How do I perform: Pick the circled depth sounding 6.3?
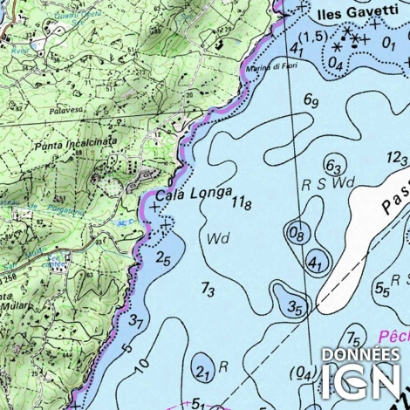click(x=333, y=166)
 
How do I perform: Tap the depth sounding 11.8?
click(x=242, y=203)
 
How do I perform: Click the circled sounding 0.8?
click(x=297, y=233)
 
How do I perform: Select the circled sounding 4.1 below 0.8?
click(x=317, y=263)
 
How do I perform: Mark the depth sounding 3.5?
click(x=297, y=307)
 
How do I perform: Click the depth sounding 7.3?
click(x=208, y=289)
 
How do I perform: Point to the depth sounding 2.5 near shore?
click(x=163, y=257)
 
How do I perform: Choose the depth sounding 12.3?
click(x=398, y=158)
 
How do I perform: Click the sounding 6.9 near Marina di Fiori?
click(x=311, y=102)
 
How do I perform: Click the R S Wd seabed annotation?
click(x=328, y=184)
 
